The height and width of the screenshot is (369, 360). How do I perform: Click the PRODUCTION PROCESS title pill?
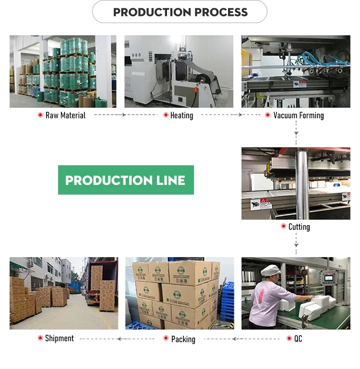[x=180, y=12]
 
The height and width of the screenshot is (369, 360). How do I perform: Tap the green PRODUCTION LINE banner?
[x=126, y=180]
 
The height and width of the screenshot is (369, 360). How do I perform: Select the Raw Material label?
[x=65, y=115]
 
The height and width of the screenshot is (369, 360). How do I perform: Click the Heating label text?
[x=181, y=115]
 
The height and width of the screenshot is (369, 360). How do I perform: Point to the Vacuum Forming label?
[x=298, y=115]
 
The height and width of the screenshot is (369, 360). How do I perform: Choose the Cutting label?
[x=299, y=227]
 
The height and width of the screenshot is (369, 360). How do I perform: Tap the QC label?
[x=298, y=338]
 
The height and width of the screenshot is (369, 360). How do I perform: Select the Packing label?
[x=183, y=339]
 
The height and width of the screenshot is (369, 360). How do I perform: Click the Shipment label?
[x=59, y=338]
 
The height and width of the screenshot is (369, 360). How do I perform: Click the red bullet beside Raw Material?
[x=40, y=115]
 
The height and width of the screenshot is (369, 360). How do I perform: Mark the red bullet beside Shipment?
[x=40, y=338]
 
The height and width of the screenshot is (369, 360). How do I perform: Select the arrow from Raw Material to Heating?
[x=109, y=115]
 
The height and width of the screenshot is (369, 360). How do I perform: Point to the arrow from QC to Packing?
[x=235, y=339]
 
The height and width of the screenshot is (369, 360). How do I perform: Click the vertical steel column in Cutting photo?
[x=301, y=185]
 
